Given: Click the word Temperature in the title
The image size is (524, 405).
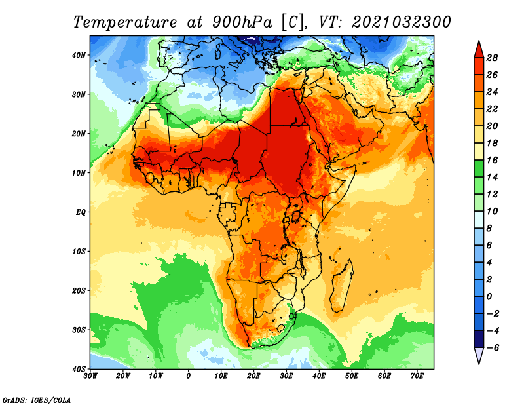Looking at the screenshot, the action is pyautogui.click(x=124, y=23).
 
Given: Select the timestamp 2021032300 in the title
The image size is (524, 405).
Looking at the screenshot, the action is pyautogui.click(x=402, y=22).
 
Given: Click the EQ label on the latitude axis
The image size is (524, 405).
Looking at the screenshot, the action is pyautogui.click(x=81, y=212).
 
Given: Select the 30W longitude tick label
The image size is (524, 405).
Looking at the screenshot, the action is pyautogui.click(x=90, y=376).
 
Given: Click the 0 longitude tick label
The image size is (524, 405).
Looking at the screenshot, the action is pyautogui.click(x=189, y=376).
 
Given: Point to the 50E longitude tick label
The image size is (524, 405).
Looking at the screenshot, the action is pyautogui.click(x=352, y=376).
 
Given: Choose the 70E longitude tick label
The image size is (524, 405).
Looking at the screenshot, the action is pyautogui.click(x=417, y=376).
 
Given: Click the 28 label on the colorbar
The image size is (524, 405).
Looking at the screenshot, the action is pyautogui.click(x=492, y=58).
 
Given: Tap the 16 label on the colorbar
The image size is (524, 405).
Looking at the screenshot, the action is pyautogui.click(x=492, y=160).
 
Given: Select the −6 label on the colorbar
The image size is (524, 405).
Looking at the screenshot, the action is pyautogui.click(x=493, y=348).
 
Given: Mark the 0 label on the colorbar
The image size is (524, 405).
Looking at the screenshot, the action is pyautogui.click(x=489, y=297).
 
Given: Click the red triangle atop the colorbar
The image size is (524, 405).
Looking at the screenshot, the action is pyautogui.click(x=479, y=50).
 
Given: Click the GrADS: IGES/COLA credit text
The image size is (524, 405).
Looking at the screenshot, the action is pyautogui.click(x=37, y=400).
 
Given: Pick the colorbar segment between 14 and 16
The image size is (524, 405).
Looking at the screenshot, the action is pyautogui.click(x=479, y=169).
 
